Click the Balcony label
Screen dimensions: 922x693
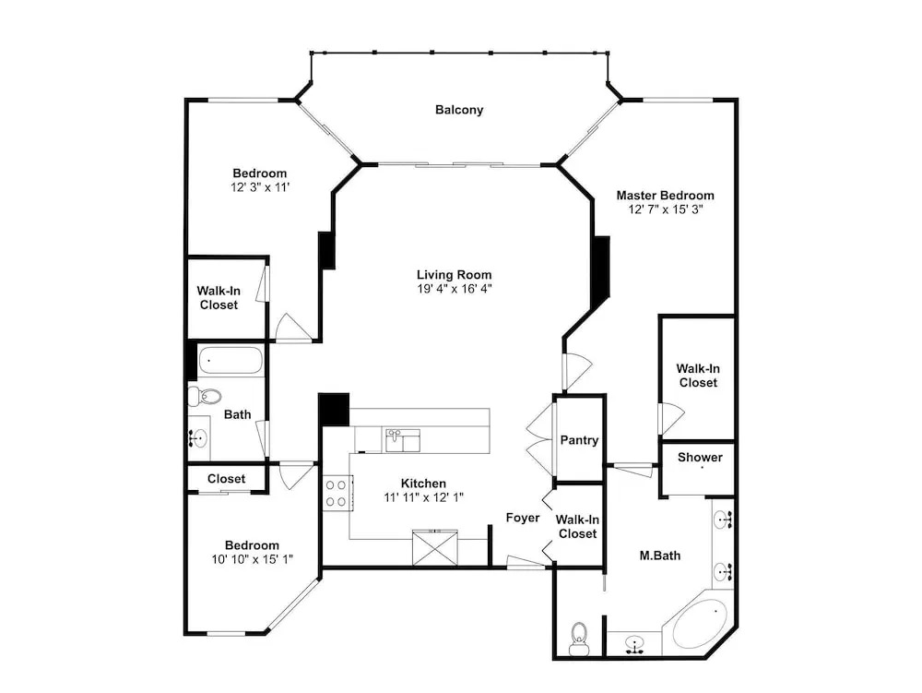458,110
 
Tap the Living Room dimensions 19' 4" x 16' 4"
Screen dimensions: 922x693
454,289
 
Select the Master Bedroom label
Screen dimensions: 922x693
665,196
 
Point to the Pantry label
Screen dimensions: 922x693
579,440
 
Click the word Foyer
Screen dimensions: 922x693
523,518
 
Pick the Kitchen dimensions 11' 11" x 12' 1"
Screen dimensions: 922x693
423,497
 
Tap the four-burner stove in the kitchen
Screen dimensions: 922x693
337,493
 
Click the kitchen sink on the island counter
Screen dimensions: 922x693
402,441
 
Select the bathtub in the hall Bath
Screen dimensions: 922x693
230,360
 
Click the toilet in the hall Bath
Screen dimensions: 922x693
205,396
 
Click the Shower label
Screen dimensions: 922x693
700,457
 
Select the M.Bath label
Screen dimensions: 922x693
660,556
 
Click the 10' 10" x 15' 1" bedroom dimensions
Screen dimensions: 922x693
253,559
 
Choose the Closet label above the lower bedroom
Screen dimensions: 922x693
226,479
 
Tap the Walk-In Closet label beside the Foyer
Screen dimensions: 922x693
577,527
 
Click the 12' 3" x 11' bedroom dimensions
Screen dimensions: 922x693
260,187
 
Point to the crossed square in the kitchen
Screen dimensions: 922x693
435,548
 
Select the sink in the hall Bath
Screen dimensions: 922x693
199,438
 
